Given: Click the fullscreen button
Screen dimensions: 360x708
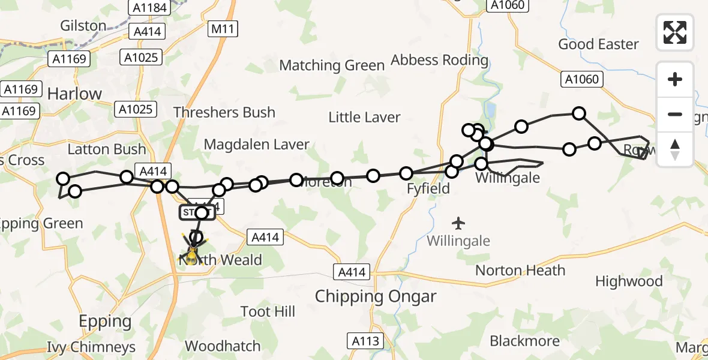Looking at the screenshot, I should tap(675, 32).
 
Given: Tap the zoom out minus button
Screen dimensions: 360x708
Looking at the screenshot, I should tap(675, 115).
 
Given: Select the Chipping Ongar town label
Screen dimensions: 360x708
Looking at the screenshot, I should tap(376, 296).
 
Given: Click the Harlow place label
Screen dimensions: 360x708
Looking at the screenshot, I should tap(74, 94).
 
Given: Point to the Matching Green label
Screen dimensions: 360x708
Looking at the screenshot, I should tap(332, 65).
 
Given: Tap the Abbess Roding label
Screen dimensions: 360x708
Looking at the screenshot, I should tap(440, 60).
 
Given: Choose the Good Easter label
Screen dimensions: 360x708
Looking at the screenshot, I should tap(598, 44).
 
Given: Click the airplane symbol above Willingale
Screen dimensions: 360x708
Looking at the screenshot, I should tap(459, 223).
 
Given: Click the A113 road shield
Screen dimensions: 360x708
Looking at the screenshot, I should tap(365, 341).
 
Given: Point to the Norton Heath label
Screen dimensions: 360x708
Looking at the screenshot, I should tap(520, 270).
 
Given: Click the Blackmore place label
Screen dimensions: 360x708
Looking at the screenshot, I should tap(524, 341).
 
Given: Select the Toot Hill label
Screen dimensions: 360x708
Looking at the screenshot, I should tap(268, 311).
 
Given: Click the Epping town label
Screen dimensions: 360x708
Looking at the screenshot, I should tap(105, 321).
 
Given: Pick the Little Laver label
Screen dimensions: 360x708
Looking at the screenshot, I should tap(364, 117).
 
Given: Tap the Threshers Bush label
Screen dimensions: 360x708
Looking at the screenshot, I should tap(224, 112).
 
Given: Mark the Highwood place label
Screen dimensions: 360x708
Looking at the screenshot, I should tap(629, 281).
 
